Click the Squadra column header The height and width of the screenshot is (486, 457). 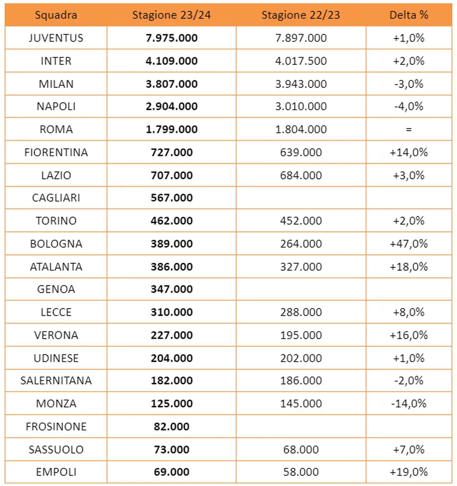tap(56, 15)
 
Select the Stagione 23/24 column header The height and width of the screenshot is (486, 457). tap(171, 15)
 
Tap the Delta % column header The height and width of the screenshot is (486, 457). tap(408, 15)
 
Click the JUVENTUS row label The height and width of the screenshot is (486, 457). tap(56, 38)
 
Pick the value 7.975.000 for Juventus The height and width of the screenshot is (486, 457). tap(171, 38)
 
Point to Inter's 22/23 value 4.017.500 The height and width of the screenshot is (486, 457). tap(301, 61)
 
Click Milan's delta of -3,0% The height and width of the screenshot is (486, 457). tap(408, 84)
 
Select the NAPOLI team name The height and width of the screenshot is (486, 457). tap(56, 106)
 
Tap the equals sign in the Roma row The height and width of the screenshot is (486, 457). tap(408, 130)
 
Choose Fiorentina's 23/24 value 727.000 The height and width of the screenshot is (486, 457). tap(171, 152)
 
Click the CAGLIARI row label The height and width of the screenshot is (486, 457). tap(56, 198)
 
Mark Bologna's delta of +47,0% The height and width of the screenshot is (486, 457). tap(408, 244)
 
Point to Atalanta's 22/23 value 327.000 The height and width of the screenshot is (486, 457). tap(301, 267)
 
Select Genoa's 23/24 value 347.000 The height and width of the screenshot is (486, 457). tap(171, 289)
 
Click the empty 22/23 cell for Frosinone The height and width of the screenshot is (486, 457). tap(301, 426)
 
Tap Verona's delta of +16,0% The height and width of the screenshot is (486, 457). tap(408, 335)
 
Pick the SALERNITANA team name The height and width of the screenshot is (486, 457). tap(56, 381)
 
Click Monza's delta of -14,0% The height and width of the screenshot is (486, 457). tap(408, 404)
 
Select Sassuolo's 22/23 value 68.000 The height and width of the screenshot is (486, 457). tap(301, 450)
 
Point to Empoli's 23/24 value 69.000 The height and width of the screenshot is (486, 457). tap(171, 472)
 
